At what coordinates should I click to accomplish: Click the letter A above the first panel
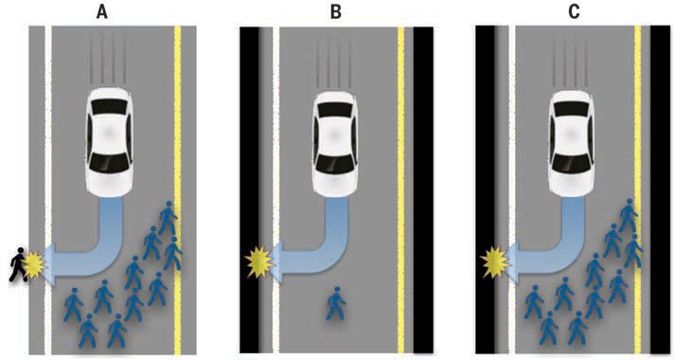coord(101,11)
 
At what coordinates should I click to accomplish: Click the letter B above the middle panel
coord(336,11)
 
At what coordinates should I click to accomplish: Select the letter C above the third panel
coord(574,11)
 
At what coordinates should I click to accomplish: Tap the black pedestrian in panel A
coord(18,264)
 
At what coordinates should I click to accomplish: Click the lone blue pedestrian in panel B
coord(336,303)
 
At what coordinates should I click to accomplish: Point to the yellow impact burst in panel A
coord(34,265)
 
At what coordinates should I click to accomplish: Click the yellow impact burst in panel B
coord(258,261)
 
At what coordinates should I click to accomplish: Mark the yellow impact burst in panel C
coord(494,262)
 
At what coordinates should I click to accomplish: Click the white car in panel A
coord(109,142)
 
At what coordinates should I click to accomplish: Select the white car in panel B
coord(336,145)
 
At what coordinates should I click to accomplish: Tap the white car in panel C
coord(572,144)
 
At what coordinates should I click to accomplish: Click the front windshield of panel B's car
coord(336,164)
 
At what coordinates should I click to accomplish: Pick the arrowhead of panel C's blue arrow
coord(513,263)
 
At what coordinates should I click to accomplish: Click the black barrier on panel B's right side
coord(423,189)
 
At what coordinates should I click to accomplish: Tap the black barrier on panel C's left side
coord(485,189)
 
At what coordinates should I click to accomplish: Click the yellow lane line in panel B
coord(400,189)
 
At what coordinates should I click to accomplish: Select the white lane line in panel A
coord(47,189)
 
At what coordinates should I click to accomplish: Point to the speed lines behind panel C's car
coord(570,62)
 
